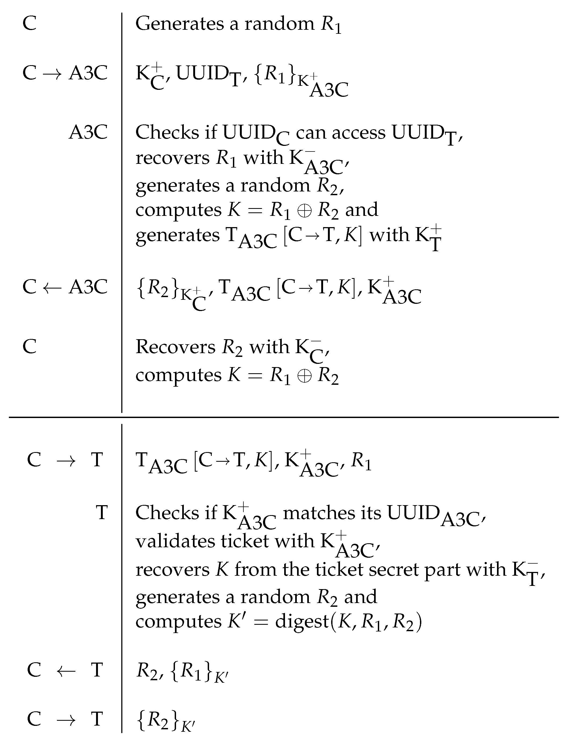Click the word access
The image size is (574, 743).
(x=359, y=132)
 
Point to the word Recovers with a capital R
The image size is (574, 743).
(x=175, y=347)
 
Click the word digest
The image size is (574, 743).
(x=302, y=622)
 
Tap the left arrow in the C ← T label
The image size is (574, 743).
(x=66, y=670)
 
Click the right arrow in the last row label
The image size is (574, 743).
(x=66, y=719)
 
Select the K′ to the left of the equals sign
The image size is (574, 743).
(x=236, y=621)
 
